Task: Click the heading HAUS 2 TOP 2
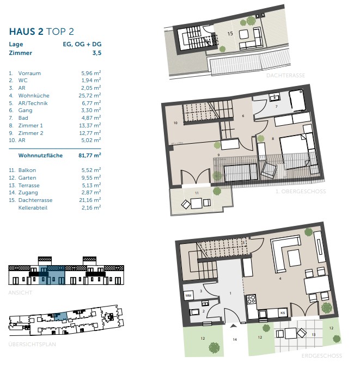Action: (x=41, y=32)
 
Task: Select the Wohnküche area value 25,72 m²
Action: (x=90, y=95)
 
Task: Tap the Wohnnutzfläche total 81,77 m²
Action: (x=90, y=155)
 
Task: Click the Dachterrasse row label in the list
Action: (x=35, y=200)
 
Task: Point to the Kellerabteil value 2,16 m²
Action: (x=91, y=207)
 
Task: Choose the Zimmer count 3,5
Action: (x=97, y=53)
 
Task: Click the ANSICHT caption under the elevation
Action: (x=20, y=292)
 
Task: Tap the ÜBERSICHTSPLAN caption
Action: (x=32, y=344)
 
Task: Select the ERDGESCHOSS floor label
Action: (x=322, y=356)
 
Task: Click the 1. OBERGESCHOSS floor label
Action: (x=301, y=191)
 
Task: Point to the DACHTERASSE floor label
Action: (x=285, y=75)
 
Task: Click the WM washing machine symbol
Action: (x=188, y=296)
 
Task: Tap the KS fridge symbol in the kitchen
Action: (x=283, y=313)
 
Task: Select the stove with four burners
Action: (x=251, y=299)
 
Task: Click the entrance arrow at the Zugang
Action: (x=233, y=326)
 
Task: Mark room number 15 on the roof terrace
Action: (x=230, y=34)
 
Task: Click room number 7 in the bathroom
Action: (x=276, y=106)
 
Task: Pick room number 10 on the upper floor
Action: (x=175, y=122)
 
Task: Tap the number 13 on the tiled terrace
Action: (x=314, y=334)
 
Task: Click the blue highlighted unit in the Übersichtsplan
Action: (x=60, y=316)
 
